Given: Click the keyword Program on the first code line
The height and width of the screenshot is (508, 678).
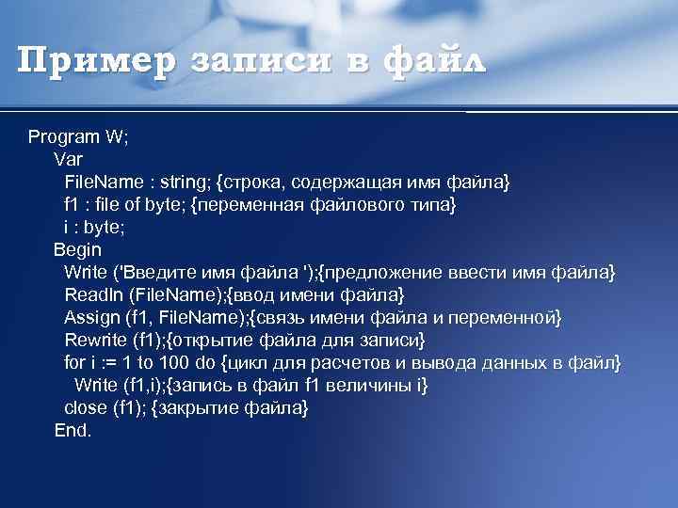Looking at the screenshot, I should (65, 136).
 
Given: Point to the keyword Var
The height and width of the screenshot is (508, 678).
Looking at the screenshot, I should (68, 159).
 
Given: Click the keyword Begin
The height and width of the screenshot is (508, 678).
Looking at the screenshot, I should (77, 250).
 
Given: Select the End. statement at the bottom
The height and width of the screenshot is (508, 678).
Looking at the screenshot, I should (73, 431).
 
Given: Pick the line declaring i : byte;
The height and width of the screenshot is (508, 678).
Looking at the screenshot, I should (94, 227).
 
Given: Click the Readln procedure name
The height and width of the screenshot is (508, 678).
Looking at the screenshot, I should (93, 295).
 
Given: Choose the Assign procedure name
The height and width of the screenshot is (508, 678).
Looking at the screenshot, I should (91, 318).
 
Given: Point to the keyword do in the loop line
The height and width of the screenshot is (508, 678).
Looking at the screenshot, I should (209, 363).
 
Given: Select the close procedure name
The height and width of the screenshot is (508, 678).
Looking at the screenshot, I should (85, 408).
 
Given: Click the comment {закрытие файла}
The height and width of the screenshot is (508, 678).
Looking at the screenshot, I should (230, 408).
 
